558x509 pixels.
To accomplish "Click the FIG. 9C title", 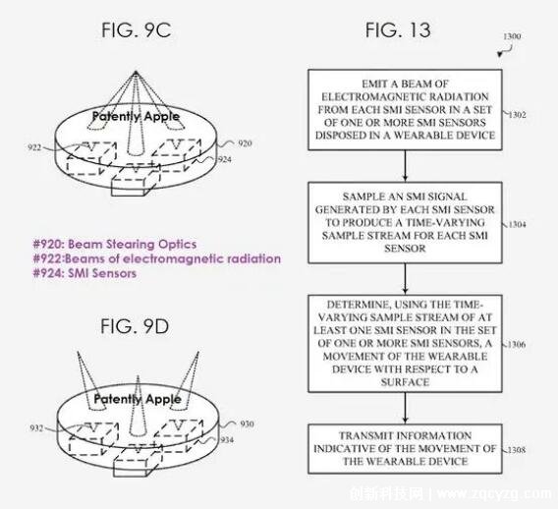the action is click(137, 29).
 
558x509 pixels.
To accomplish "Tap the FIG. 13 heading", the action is click(398, 29).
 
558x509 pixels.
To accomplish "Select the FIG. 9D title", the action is click(135, 326).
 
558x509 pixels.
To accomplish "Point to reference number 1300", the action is click(512, 36).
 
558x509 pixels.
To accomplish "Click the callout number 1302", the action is click(517, 115).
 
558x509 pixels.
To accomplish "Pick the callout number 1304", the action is click(517, 224).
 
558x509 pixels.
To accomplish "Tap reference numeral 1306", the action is click(517, 344).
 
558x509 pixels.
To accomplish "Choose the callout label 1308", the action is click(517, 450).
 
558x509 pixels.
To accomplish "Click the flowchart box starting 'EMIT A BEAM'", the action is click(405, 110).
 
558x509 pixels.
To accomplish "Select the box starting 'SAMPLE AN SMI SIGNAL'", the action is click(405, 223).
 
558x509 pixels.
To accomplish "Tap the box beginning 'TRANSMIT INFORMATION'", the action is click(405, 449).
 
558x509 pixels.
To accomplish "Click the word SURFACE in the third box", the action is click(405, 382).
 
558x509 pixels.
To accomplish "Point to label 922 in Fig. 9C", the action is click(34, 147).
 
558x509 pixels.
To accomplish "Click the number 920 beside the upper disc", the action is click(245, 143).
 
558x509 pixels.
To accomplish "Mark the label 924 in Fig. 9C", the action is click(225, 159).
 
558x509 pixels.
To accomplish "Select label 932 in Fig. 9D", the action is click(36, 427).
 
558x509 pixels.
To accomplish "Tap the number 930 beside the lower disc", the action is click(247, 424).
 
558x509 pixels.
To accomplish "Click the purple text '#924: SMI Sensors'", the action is click(84, 273).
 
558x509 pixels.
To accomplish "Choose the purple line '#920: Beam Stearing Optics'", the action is click(115, 245).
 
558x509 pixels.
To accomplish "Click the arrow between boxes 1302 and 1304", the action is click(405, 166).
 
